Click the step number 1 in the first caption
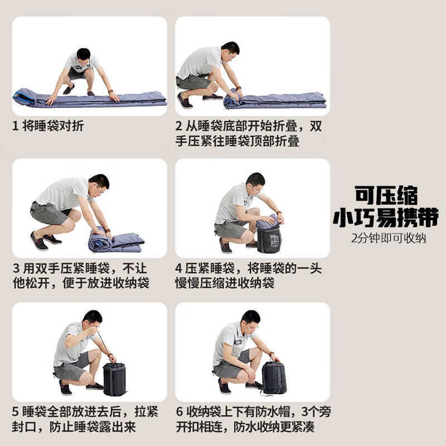tap(16, 126)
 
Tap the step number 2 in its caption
tap(178, 126)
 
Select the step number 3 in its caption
tap(17, 268)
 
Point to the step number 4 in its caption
tap(178, 268)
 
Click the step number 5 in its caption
tap(16, 411)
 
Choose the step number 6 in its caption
tap(180, 411)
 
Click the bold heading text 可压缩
tap(386, 196)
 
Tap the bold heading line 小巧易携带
tap(386, 217)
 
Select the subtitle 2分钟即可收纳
tap(388, 239)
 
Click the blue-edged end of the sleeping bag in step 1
tap(23, 98)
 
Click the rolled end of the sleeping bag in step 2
tap(232, 100)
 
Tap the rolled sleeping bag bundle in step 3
tap(100, 239)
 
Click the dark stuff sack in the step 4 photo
tap(269, 237)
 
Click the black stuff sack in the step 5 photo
tap(114, 379)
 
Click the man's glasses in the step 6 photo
tap(251, 326)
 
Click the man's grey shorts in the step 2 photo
tap(193, 83)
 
